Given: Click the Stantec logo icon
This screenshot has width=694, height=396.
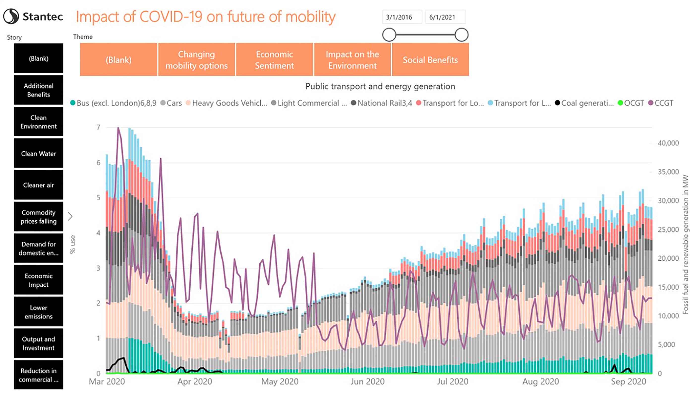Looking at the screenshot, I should pyautogui.click(x=11, y=16).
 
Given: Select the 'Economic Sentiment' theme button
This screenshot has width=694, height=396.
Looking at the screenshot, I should pyautogui.click(x=274, y=60).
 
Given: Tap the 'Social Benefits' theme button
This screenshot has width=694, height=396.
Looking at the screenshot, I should pyautogui.click(x=430, y=60).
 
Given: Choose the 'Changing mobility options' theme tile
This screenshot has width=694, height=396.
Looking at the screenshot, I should pyautogui.click(x=196, y=60).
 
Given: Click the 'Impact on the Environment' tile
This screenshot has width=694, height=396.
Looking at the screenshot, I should pyautogui.click(x=352, y=60).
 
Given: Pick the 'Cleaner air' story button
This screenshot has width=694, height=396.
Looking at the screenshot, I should pyautogui.click(x=39, y=185).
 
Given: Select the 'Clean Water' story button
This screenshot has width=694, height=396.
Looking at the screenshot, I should pyautogui.click(x=39, y=153).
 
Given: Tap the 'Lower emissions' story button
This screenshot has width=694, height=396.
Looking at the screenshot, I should pyautogui.click(x=39, y=312).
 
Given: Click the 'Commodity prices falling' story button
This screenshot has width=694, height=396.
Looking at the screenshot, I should pyautogui.click(x=39, y=216).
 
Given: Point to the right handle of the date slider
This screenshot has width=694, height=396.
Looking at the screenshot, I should pyautogui.click(x=461, y=35).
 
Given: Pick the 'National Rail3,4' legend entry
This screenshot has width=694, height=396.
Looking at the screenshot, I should pyautogui.click(x=381, y=103).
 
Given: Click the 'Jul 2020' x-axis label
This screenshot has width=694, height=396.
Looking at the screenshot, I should pyautogui.click(x=452, y=382).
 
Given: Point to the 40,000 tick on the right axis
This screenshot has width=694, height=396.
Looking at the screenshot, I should pyautogui.click(x=668, y=143).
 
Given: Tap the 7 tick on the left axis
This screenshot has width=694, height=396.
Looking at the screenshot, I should pyautogui.click(x=98, y=127).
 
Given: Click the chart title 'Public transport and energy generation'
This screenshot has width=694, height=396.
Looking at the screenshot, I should pyautogui.click(x=380, y=87).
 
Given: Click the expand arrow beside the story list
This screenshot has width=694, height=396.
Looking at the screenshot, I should pyautogui.click(x=70, y=216).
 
